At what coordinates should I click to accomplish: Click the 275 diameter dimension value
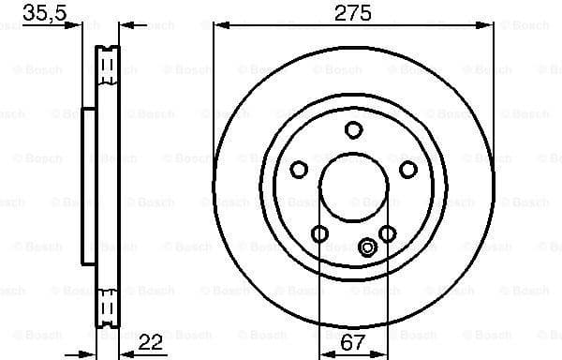tap(354, 12)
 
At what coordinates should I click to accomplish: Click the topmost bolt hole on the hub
tap(353, 130)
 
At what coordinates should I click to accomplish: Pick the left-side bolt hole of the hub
tap(300, 169)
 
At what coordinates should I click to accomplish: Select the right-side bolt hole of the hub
tap(407, 169)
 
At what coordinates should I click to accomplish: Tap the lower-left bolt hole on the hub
tap(319, 232)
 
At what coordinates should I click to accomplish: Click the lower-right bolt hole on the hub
tap(387, 232)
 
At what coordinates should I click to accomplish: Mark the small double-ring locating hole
tap(367, 247)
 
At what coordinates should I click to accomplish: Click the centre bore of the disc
tap(353, 187)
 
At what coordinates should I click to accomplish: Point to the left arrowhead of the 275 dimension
tap(218, 26)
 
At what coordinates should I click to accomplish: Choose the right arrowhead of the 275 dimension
tap(489, 26)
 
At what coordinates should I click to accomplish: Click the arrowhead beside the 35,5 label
tap(77, 26)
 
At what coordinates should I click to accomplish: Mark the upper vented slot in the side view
tap(108, 66)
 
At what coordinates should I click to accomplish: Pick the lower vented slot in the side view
tap(108, 305)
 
